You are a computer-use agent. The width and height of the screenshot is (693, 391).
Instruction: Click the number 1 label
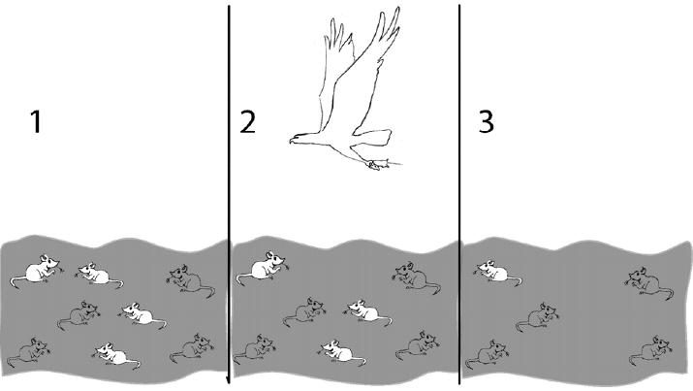pos(36,121)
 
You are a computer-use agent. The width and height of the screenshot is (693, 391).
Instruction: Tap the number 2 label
pos(247,121)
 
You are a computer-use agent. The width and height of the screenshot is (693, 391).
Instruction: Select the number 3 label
pos(487,121)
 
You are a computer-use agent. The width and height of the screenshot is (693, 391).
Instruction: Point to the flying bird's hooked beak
pos(292,141)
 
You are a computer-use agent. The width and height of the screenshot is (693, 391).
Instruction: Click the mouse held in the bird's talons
pos(378,165)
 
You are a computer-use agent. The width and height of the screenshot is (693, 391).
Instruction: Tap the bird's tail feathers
pos(373,137)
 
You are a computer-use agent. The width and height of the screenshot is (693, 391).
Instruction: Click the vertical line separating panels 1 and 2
pos(229,195)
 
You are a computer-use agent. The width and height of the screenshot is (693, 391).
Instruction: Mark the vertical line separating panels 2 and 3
pos(459,195)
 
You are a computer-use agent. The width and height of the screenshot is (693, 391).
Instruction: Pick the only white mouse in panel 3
pos(497,272)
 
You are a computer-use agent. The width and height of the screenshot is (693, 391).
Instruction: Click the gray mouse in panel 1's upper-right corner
pos(191,280)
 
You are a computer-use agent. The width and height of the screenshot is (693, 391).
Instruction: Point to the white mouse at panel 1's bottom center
pos(115,355)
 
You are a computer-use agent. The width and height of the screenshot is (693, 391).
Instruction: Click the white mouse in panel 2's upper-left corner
pos(263,268)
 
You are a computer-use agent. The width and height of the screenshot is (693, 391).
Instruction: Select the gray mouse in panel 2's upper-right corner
pos(416,277)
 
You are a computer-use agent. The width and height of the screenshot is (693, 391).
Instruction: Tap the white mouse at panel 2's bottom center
pos(341,351)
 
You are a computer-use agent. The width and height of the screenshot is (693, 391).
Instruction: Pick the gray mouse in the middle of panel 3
pos(537,317)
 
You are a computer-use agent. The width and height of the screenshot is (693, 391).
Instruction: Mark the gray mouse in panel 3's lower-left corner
pos(487,354)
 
